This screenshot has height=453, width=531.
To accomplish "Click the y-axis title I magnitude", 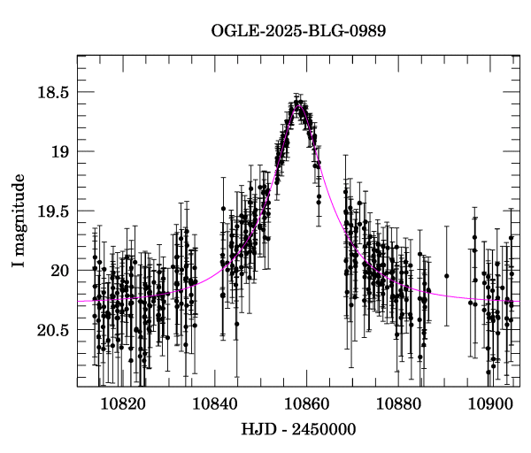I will pos(18,221).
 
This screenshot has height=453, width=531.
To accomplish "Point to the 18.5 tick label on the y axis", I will pos(53,92).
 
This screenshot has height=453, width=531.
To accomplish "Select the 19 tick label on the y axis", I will pos(60,151).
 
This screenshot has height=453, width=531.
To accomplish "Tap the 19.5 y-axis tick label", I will pos(53,211).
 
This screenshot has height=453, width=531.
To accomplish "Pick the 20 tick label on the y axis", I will pos(60,270).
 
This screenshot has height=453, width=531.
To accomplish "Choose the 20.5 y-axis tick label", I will pos(53,329).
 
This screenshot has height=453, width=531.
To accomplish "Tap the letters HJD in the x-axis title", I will pos(258,430).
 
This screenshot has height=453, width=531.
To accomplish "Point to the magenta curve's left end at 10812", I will pos(79,301).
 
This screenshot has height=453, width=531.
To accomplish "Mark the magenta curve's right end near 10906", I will pos(519,302).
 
